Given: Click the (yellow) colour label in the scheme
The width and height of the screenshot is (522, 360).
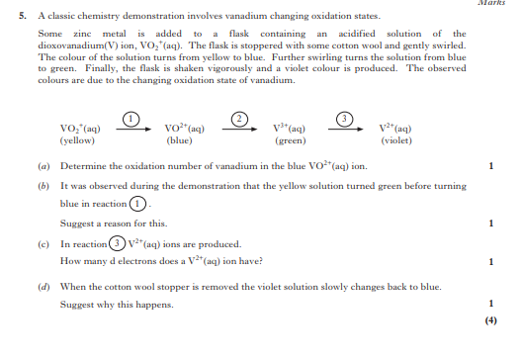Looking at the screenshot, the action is (x=77, y=140).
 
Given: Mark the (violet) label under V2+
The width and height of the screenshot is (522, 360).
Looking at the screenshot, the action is (x=395, y=140).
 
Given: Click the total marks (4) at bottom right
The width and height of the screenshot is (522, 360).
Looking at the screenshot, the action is (x=491, y=320).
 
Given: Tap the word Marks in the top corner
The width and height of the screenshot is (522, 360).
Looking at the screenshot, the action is (x=504, y=4).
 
